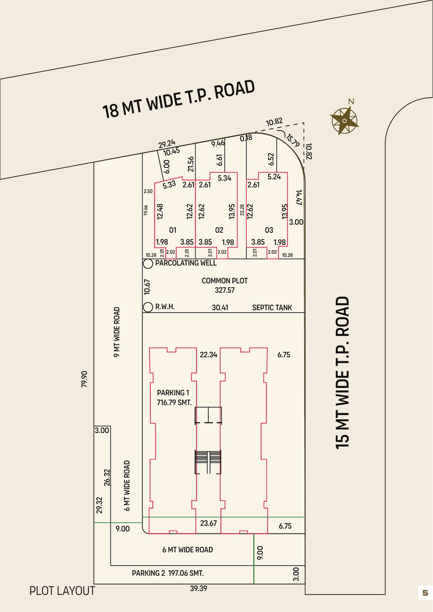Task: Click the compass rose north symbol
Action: [x=344, y=121]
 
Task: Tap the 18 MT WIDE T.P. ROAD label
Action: [x=179, y=99]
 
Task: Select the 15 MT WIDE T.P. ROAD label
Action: [x=342, y=373]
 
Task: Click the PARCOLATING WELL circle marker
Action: [x=148, y=264]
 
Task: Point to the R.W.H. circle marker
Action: [x=148, y=307]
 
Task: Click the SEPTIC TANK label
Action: [x=272, y=308]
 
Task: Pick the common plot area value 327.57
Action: [x=224, y=290]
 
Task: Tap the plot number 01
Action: [x=172, y=230]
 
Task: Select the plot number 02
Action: [x=219, y=230]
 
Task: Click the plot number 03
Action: [x=269, y=230]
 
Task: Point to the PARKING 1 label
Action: [x=173, y=393]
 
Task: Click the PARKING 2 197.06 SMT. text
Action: [x=168, y=573]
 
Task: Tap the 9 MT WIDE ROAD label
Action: [x=117, y=332]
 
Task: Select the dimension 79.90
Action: [x=84, y=379]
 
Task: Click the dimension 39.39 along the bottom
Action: [x=198, y=589]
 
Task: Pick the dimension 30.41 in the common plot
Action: [x=220, y=308]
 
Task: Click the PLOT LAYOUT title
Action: [x=62, y=591]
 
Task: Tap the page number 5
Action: [x=425, y=593]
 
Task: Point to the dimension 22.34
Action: [x=209, y=355]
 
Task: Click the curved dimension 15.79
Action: [x=293, y=140]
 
